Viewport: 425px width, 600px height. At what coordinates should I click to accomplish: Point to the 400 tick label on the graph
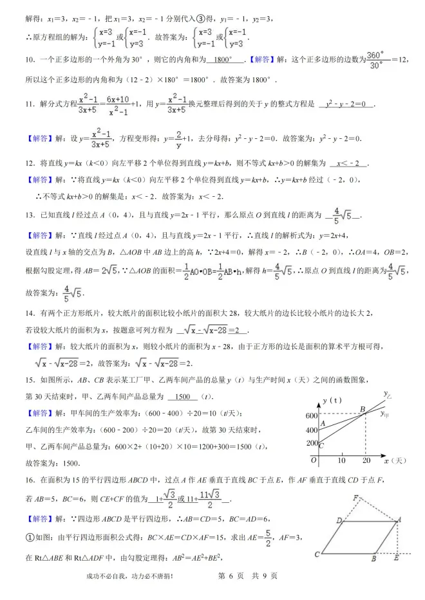point(312,430)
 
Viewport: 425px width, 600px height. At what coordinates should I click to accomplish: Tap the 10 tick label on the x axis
point(341,460)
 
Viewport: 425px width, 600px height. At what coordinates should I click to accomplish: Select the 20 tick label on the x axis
point(367,460)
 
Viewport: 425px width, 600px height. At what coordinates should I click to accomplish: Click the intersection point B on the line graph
point(363,410)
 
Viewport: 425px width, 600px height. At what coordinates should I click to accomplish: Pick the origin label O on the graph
point(313,460)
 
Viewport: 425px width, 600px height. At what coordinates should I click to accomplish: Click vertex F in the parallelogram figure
point(355,497)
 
